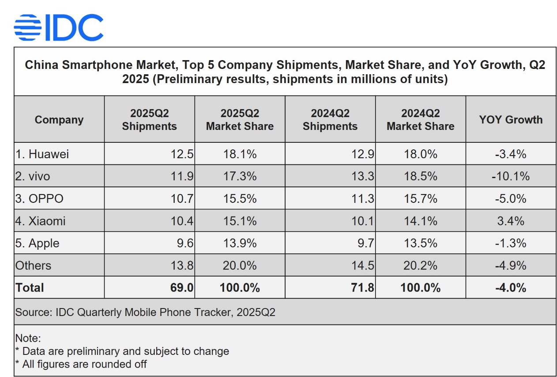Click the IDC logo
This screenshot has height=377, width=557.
point(58,27)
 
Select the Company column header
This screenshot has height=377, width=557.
point(59,120)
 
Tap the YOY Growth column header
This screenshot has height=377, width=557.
point(511,120)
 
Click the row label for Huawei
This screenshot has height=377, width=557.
point(42,154)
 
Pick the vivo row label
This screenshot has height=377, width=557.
point(33,176)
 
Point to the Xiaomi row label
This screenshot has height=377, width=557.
point(41,221)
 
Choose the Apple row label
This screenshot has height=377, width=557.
point(38,243)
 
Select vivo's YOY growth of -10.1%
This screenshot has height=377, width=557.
point(511,176)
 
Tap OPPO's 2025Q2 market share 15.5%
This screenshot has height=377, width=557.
point(240,198)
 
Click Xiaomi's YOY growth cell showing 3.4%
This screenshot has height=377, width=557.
point(511,221)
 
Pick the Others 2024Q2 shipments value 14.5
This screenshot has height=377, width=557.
point(363,266)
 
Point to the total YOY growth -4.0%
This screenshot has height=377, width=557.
point(511,288)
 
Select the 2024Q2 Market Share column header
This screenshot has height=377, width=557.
point(420,120)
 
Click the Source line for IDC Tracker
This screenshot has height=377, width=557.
point(145,312)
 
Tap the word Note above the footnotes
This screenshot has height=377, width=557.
point(28,339)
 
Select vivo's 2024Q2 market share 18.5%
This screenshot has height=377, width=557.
point(420,176)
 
